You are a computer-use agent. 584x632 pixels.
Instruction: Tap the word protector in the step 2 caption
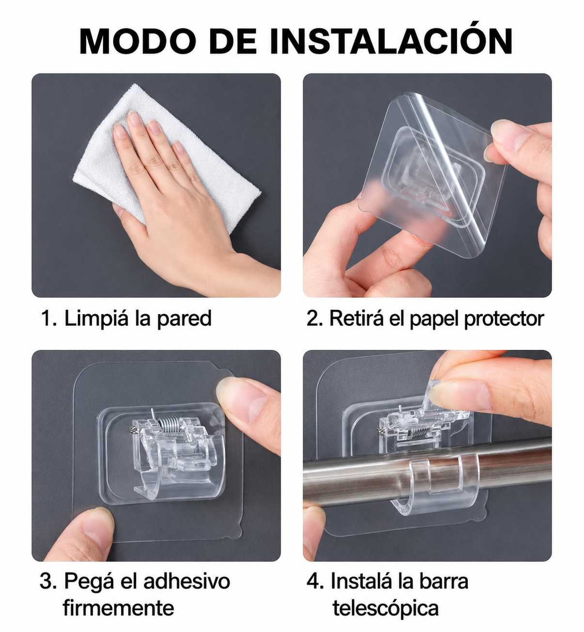click(x=504, y=319)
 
